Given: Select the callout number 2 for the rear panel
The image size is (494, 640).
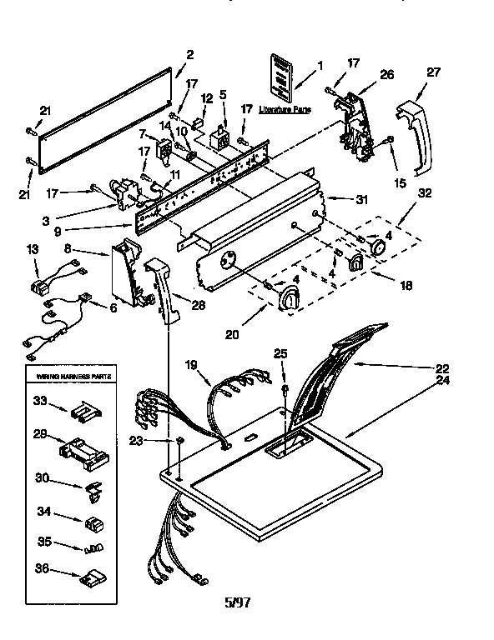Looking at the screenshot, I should point(190,54).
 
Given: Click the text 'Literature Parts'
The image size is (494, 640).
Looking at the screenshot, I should point(282,109).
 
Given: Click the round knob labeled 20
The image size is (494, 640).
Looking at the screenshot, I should point(291,300).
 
